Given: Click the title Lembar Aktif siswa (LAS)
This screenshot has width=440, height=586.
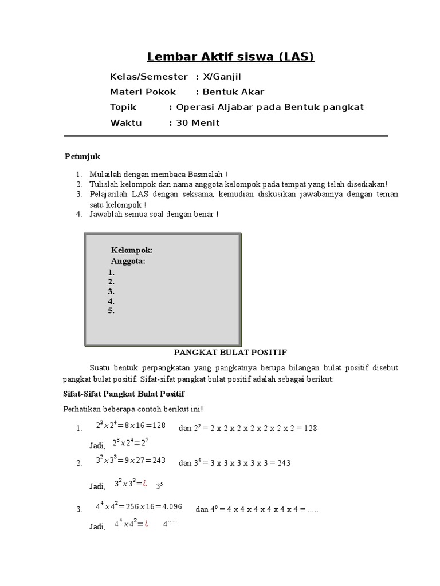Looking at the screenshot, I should (x=230, y=57).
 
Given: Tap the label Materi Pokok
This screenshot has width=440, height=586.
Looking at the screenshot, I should (x=143, y=92).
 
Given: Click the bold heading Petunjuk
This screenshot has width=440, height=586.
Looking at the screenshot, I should (x=82, y=156).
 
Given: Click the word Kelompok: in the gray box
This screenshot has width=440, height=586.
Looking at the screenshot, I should (x=132, y=250).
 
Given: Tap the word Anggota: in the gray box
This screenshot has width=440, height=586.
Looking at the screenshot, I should (x=128, y=261).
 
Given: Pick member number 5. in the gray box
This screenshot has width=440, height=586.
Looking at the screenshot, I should (x=111, y=311).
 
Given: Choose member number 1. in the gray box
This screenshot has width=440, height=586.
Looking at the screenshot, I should (x=111, y=272).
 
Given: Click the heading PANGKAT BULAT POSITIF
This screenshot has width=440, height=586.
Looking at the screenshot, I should (x=230, y=352).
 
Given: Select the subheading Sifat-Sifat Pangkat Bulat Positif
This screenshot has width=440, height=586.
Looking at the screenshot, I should (x=123, y=394).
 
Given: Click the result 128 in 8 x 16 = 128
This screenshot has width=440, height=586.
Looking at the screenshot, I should (x=159, y=425).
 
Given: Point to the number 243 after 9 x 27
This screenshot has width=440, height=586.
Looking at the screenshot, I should (x=159, y=460).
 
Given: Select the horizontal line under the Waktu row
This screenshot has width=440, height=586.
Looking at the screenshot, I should (x=225, y=136).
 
